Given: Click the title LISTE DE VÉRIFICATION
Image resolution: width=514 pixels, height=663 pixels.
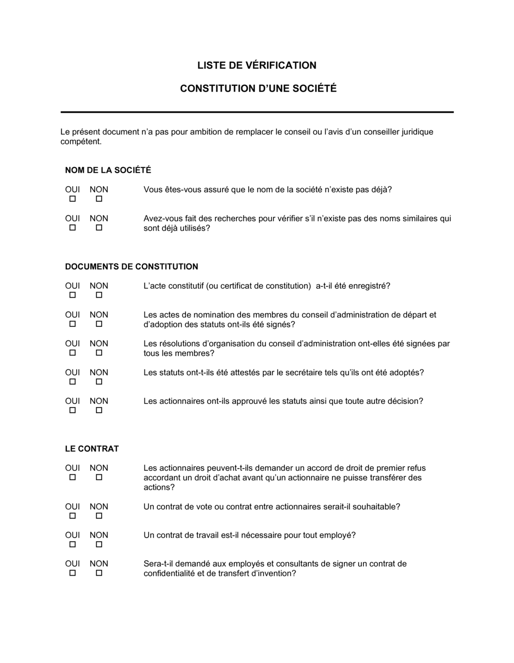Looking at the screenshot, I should [x=257, y=65].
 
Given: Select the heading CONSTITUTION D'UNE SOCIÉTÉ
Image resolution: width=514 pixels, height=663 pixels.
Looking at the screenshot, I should [x=258, y=88].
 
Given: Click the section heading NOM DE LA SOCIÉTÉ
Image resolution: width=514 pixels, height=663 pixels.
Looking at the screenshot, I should [x=108, y=170].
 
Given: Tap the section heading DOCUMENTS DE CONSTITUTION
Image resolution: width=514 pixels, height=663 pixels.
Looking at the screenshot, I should [x=132, y=267].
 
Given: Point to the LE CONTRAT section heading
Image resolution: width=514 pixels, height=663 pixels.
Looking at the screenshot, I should [x=92, y=449].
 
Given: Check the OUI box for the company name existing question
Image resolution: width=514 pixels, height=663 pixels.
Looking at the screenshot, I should [x=72, y=199].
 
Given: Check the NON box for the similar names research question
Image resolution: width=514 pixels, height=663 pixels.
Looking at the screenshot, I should [x=99, y=228].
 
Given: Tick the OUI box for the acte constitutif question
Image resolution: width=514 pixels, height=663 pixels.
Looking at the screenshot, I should [x=72, y=295].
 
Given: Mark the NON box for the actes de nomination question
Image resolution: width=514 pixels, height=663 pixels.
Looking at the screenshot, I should [x=99, y=324].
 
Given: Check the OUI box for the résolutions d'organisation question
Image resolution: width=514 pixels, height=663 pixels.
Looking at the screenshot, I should [x=72, y=353].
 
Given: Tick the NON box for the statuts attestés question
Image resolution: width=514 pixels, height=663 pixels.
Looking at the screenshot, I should [x=99, y=381].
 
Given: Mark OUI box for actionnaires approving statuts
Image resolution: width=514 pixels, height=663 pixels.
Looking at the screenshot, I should [x=72, y=410].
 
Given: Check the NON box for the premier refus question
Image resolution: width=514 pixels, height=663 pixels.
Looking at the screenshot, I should [x=99, y=477].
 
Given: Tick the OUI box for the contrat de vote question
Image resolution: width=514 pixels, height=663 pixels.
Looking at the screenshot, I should [x=72, y=515].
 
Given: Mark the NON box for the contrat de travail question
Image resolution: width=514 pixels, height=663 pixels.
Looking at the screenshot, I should [x=99, y=544].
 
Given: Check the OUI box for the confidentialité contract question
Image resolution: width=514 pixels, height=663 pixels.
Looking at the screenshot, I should [x=72, y=573].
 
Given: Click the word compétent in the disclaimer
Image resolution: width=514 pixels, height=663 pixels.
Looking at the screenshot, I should [x=81, y=142].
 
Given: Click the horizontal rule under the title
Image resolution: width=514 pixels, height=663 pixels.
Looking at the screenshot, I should [x=257, y=112].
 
